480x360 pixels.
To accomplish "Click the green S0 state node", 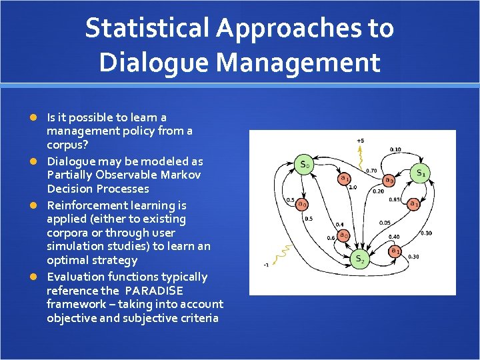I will coord(304,164).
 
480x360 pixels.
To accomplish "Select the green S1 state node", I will coord(421,173).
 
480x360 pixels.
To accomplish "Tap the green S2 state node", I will coord(360,259).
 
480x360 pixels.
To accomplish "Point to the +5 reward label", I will coord(360,141).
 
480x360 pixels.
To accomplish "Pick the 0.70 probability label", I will coord(371,170).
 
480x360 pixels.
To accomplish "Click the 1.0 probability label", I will coord(353,187).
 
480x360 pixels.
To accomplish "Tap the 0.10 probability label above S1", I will coord(395,149).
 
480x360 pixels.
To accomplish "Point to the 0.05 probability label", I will coord(385,223).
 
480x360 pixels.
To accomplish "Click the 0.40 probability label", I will coord(393,237).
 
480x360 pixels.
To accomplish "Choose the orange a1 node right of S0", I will coord(345,178).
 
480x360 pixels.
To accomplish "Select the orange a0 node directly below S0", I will coord(302,204).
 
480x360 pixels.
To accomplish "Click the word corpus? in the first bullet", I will coord(65,144).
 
